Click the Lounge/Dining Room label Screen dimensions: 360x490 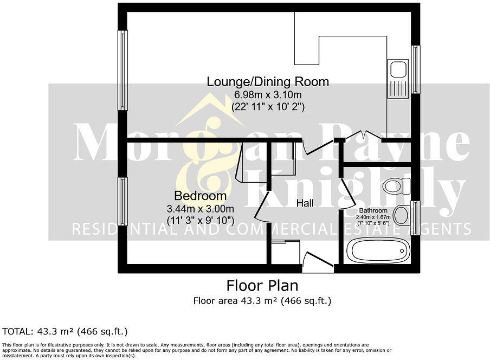(x=268, y=82)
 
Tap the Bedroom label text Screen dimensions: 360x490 (x=200, y=196)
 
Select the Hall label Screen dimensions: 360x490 (x=305, y=203)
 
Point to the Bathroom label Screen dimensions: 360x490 (x=373, y=210)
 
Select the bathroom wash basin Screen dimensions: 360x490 (x=401, y=215)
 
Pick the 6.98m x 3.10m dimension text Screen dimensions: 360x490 (x=268, y=95)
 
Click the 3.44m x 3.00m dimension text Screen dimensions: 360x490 (x=200, y=209)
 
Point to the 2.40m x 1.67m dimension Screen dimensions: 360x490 (x=373, y=217)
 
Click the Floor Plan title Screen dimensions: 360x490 (x=262, y=285)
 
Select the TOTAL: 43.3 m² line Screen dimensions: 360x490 (x=65, y=331)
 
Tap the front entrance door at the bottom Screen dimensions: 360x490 (x=318, y=262)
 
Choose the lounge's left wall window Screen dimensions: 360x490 (x=123, y=70)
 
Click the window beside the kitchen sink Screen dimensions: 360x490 (x=415, y=70)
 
